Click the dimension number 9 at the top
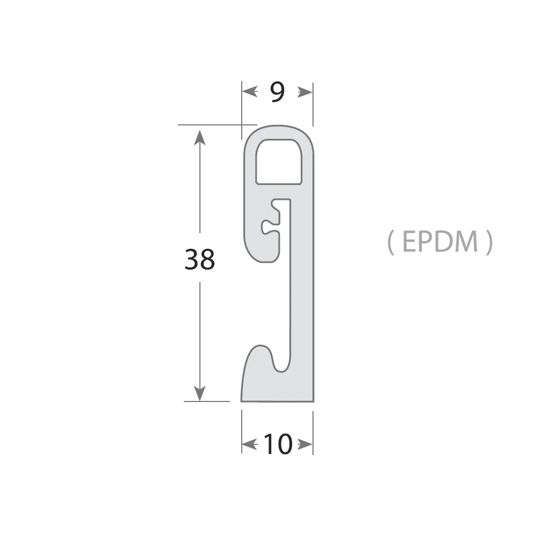(x=277, y=92)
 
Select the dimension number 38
(x=199, y=259)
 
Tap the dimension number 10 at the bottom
(x=278, y=444)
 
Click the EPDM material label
(x=440, y=242)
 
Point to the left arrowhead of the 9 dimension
(x=250, y=92)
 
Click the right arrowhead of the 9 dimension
(x=305, y=92)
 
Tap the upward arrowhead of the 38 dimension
(x=199, y=137)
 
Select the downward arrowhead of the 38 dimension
(x=199, y=393)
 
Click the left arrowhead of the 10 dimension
(x=250, y=444)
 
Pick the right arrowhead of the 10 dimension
(x=305, y=444)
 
